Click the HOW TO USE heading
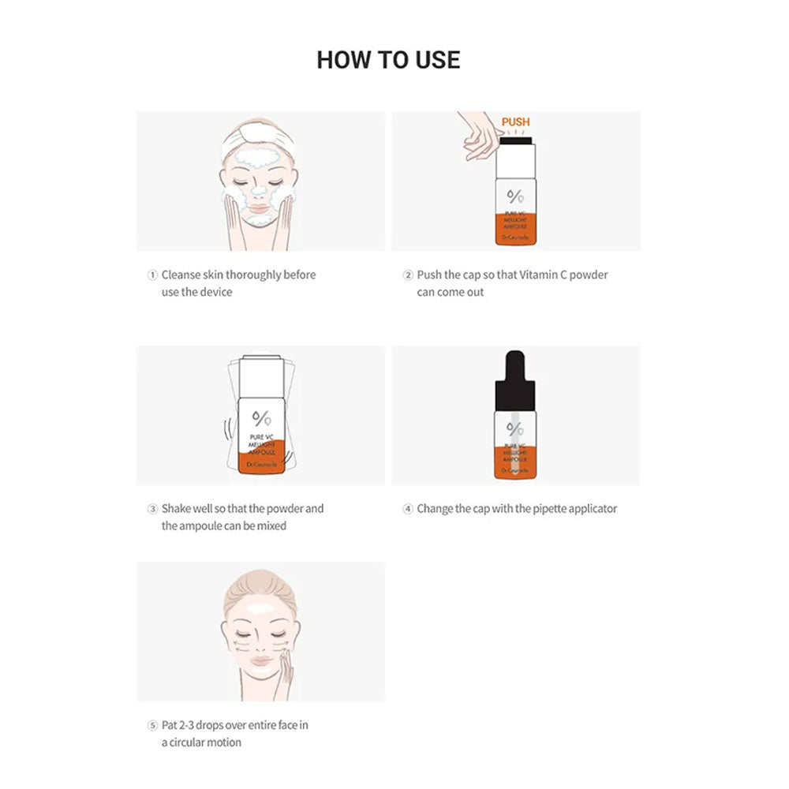(388, 60)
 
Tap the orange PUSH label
(515, 122)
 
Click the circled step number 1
(152, 275)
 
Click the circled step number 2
(408, 275)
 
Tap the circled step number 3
(152, 509)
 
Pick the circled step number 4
(408, 509)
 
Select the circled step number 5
(152, 725)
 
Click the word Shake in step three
(176, 508)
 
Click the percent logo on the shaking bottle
(261, 419)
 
